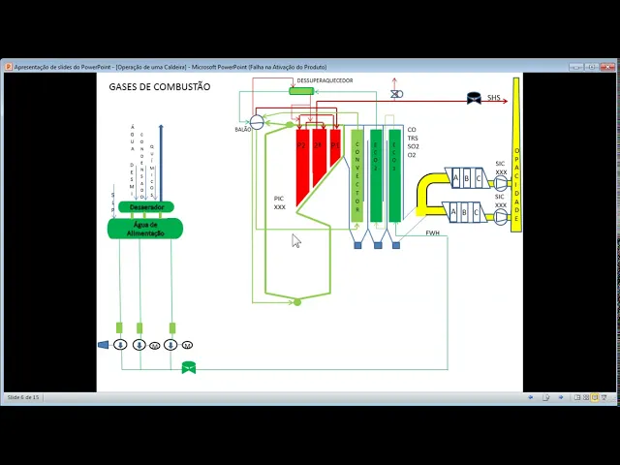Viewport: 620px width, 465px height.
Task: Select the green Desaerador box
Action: tap(146, 207)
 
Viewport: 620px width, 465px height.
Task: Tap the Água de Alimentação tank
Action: tap(145, 229)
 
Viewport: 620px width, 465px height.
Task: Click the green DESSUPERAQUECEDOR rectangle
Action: tap(301, 91)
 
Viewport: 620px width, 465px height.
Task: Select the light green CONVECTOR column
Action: tap(356, 174)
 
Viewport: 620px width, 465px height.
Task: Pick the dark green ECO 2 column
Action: tap(376, 174)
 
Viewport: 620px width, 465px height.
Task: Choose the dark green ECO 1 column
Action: tap(394, 174)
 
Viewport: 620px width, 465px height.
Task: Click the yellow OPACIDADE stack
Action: tap(516, 155)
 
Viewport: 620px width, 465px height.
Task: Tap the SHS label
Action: tap(494, 98)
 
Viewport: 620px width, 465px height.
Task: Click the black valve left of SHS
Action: tap(474, 98)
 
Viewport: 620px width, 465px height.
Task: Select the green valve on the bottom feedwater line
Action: tap(188, 367)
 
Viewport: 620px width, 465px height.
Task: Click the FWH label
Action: tap(432, 232)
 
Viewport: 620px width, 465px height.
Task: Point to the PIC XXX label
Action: tap(279, 202)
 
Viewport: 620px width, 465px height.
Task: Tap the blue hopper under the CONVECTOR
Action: tap(357, 245)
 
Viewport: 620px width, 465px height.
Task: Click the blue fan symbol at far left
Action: tap(104, 344)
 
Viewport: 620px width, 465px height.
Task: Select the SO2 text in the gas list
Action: tap(412, 146)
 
